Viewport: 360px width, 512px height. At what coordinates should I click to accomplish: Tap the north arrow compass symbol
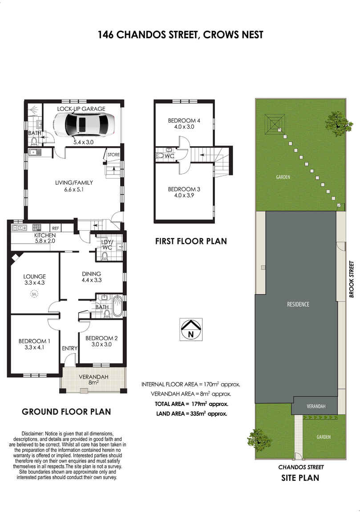tap(191, 329)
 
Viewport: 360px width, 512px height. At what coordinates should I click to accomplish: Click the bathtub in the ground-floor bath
tap(117, 306)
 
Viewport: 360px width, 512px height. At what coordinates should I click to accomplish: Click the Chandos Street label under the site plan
tap(301, 467)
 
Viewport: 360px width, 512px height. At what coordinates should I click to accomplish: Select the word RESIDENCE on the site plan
tap(298, 305)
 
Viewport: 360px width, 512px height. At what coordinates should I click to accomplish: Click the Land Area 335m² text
tap(192, 413)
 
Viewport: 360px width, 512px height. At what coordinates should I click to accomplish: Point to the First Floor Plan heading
tap(191, 241)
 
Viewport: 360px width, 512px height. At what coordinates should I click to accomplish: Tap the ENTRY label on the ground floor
tap(69, 348)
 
